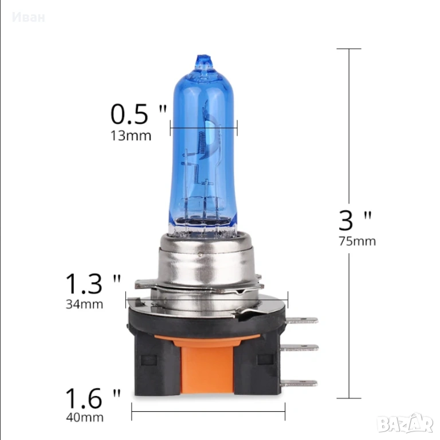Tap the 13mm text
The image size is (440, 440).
pyautogui.click(x=131, y=136)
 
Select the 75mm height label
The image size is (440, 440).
pyautogui.click(x=357, y=241)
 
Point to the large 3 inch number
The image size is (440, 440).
pyautogui.click(x=355, y=221)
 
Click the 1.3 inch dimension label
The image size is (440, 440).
pyautogui.click(x=93, y=284)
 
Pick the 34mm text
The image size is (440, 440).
pyautogui.click(x=84, y=304)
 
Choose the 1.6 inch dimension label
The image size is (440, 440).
pyautogui.click(x=93, y=398)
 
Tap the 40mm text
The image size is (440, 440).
pyautogui.click(x=85, y=417)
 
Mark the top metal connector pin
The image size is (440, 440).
pyautogui.click(x=302, y=320)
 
